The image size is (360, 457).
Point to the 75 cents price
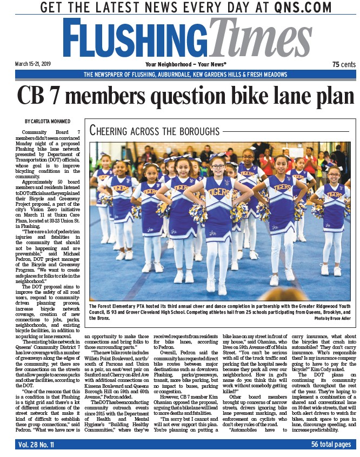tap(343, 64)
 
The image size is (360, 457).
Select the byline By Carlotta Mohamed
tap(47, 121)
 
